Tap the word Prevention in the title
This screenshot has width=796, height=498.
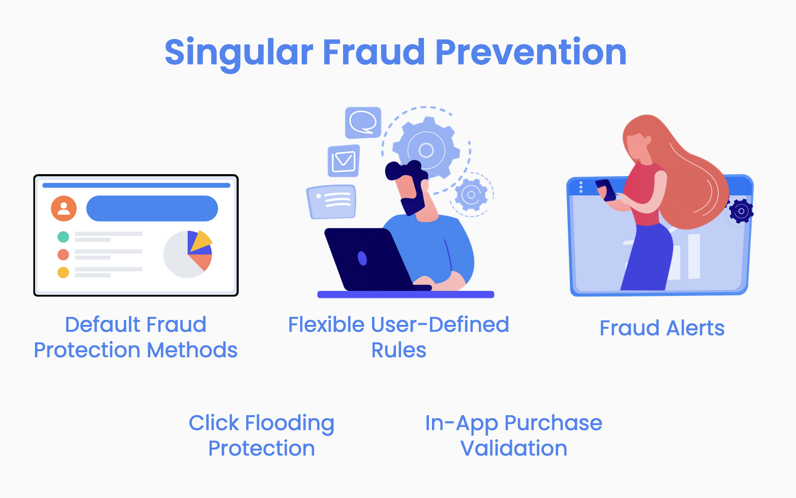tap(530, 52)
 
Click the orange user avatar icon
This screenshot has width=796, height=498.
tap(63, 209)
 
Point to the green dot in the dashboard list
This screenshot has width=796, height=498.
tap(63, 237)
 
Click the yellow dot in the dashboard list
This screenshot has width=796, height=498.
tap(63, 272)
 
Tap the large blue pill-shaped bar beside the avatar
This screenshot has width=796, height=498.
tap(152, 209)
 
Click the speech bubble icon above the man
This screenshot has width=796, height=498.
tap(363, 123)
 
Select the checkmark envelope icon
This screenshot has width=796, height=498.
tap(343, 161)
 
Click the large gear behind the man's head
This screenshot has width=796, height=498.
tap(426, 149)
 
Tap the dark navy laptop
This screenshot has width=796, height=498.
tap(373, 259)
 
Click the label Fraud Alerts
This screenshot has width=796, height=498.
tap(662, 328)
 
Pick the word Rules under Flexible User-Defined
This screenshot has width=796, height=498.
tap(398, 350)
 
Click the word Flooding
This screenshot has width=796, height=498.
tap(290, 424)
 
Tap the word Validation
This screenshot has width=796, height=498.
tap(514, 448)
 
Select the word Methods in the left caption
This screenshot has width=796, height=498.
tap(192, 350)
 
